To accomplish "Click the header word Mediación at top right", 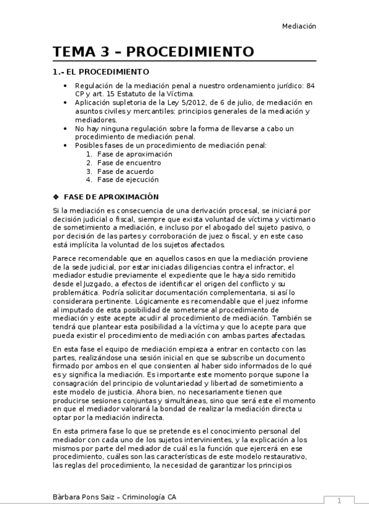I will [299, 26].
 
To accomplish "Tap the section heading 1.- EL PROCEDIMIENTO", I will [102, 72].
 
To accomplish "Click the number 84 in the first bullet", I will [311, 85].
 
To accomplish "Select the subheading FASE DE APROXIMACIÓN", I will [111, 197].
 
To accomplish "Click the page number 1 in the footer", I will [339, 501].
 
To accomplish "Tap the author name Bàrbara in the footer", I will [70, 496].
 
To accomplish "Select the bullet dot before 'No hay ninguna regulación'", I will [66, 128].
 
